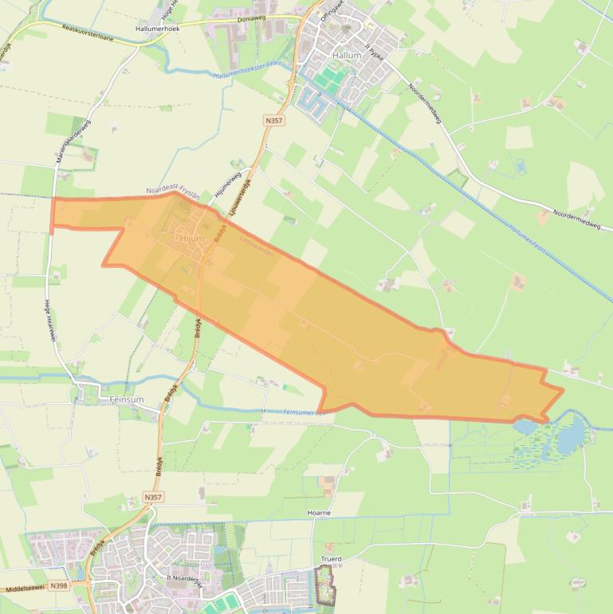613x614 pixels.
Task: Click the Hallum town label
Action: pyautogui.click(x=347, y=55)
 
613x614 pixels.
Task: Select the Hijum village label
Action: pyautogui.click(x=192, y=238)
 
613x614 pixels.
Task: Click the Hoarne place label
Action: pyautogui.click(x=318, y=513)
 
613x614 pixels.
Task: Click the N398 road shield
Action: pyautogui.click(x=58, y=585)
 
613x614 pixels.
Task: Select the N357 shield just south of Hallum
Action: pyautogui.click(x=273, y=120)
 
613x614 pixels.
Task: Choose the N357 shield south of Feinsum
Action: pyautogui.click(x=154, y=497)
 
